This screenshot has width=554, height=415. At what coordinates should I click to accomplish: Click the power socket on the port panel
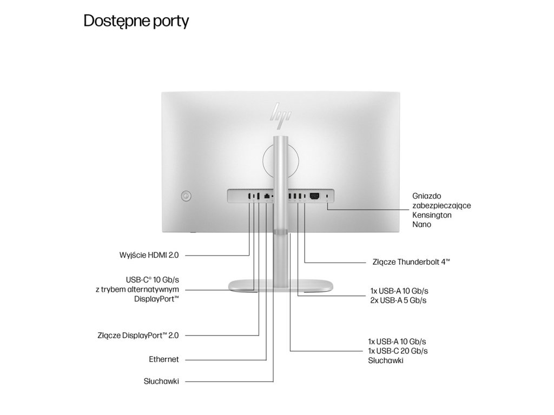[314, 197]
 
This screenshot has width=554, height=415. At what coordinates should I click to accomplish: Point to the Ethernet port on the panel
[267, 197]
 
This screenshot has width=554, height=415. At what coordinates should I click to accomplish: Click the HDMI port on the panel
[249, 197]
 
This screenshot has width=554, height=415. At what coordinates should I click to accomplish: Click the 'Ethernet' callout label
[163, 359]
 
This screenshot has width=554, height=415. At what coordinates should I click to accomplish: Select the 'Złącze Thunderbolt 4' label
[411, 262]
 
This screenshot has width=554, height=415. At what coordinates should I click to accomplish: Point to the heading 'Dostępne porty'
[136, 22]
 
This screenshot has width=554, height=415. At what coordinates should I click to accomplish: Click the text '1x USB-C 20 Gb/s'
[398, 351]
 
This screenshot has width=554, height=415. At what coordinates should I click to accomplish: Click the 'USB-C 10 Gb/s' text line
[152, 280]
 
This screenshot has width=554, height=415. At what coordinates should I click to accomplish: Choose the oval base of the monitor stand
[280, 286]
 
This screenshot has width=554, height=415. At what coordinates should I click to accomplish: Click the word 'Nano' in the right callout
[422, 224]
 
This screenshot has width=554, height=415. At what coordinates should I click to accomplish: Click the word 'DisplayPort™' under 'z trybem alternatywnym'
[156, 298]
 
